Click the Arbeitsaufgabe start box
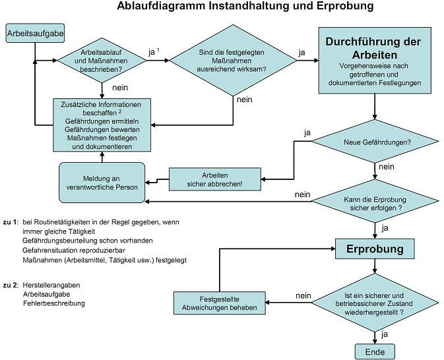[26, 32]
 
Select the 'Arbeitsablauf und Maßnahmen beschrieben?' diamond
[102, 60]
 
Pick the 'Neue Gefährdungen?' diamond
[374, 142]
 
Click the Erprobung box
[374, 249]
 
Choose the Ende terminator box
[374, 351]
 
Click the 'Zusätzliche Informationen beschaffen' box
[102, 124]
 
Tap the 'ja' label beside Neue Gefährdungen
[307, 133]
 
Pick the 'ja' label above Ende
[384, 334]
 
